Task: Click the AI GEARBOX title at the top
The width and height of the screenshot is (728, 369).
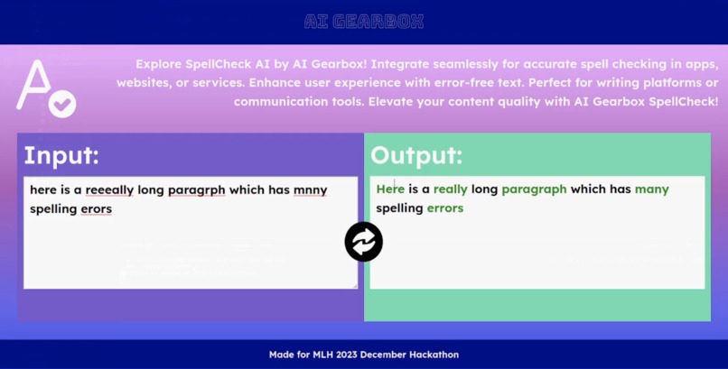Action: (x=363, y=22)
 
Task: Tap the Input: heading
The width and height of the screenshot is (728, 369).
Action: (x=61, y=155)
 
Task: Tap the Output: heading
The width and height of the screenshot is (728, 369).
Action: (x=416, y=155)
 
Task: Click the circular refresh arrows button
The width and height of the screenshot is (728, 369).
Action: (x=364, y=242)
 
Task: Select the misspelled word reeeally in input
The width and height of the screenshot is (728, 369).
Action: (x=109, y=189)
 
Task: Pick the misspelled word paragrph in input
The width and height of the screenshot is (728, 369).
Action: (x=196, y=189)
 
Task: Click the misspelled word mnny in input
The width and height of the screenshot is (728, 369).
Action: (x=310, y=189)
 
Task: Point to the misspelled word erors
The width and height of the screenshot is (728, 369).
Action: (x=97, y=208)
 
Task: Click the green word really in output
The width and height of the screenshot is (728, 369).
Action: (x=451, y=189)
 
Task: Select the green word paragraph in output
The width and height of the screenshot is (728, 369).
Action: (x=534, y=189)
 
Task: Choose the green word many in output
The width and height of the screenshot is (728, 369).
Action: (x=651, y=189)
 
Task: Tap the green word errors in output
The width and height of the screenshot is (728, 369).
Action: (x=444, y=208)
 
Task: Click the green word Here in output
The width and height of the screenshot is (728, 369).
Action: (x=390, y=189)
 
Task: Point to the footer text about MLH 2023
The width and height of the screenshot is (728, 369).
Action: (x=363, y=355)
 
